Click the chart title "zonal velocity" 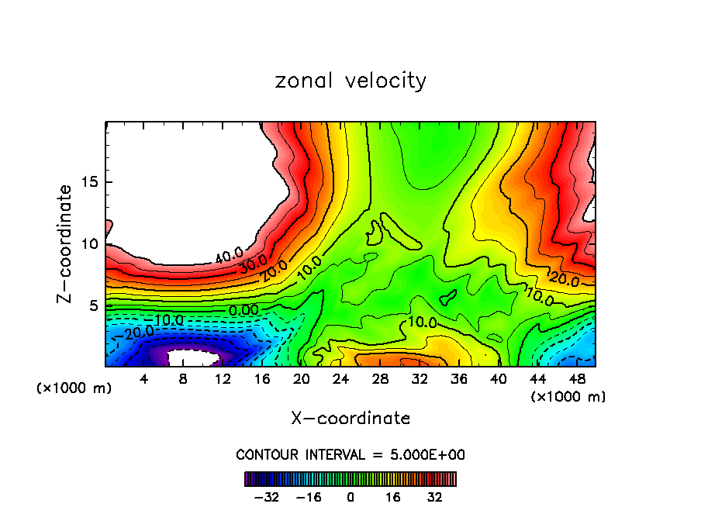[x=350, y=81]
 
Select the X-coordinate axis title [x=350, y=419]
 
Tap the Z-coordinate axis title [x=66, y=243]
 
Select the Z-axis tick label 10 [x=87, y=243]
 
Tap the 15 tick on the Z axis [x=87, y=182]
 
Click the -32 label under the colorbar [x=268, y=497]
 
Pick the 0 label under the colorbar [x=350, y=497]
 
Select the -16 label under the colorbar [x=309, y=497]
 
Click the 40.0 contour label [x=229, y=255]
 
